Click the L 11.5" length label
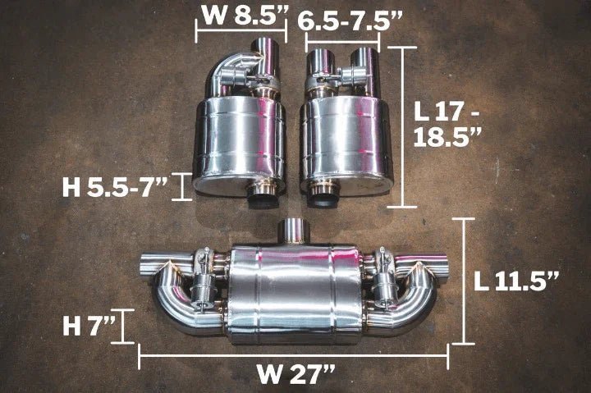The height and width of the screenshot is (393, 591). tap(517, 281)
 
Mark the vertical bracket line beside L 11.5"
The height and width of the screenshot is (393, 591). tap(465, 281)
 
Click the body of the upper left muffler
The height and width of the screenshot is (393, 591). tap(238, 139)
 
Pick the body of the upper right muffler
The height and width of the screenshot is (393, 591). tap(345, 139)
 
